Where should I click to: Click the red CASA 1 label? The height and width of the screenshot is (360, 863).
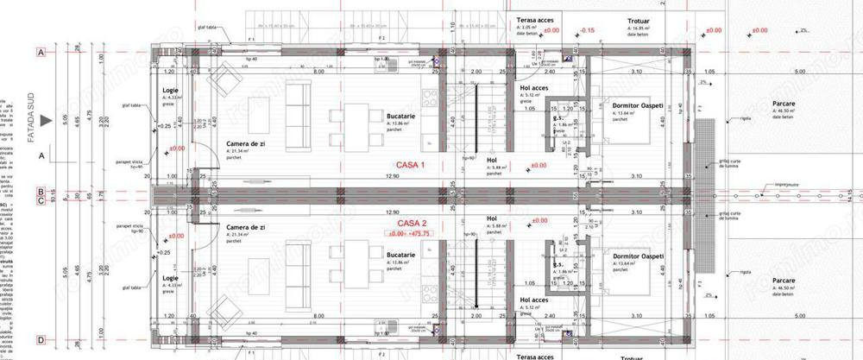pyautogui.click(x=413, y=165)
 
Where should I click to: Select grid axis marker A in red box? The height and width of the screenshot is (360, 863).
pyautogui.click(x=40, y=53)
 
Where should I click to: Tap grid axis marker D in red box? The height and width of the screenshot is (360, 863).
pyautogui.click(x=40, y=340)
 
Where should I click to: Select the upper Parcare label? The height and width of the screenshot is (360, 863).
pyautogui.click(x=784, y=104)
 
